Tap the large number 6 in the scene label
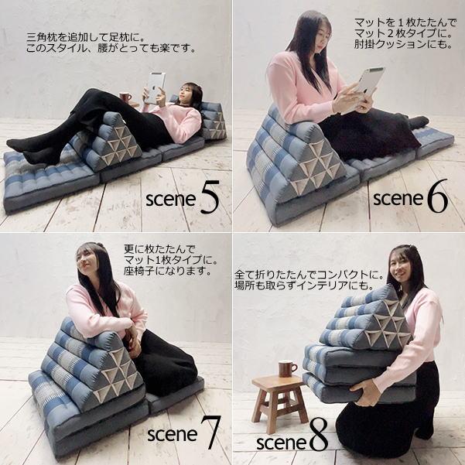[x=437, y=198]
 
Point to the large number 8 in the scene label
[x=318, y=439]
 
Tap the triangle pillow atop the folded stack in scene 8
[x=364, y=319]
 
